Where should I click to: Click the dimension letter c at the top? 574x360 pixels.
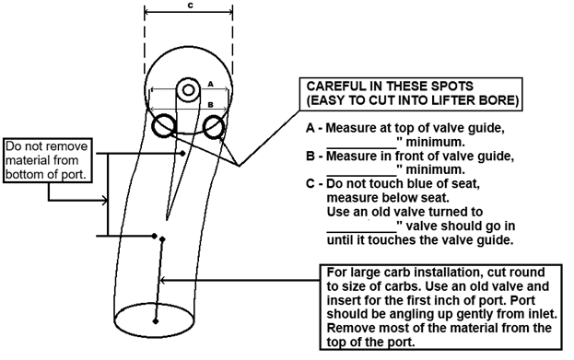click(x=191, y=6)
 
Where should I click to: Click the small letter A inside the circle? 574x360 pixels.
click(x=210, y=84)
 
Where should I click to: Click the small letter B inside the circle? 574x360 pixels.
click(x=210, y=105)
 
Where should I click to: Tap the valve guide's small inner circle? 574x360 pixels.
click(x=188, y=90)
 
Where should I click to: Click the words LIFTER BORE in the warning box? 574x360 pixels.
click(x=474, y=100)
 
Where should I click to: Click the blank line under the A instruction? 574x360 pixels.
click(x=361, y=148)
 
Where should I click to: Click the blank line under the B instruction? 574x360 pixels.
click(x=361, y=176)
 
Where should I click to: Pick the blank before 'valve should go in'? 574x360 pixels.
click(x=361, y=232)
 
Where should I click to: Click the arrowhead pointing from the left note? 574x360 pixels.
click(x=105, y=201)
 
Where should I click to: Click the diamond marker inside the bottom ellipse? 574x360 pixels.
click(x=156, y=321)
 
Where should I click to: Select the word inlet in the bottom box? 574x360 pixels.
click(x=543, y=314)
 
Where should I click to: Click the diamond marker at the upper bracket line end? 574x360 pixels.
click(x=182, y=153)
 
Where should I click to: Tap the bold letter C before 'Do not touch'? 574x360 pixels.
click(x=310, y=183)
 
